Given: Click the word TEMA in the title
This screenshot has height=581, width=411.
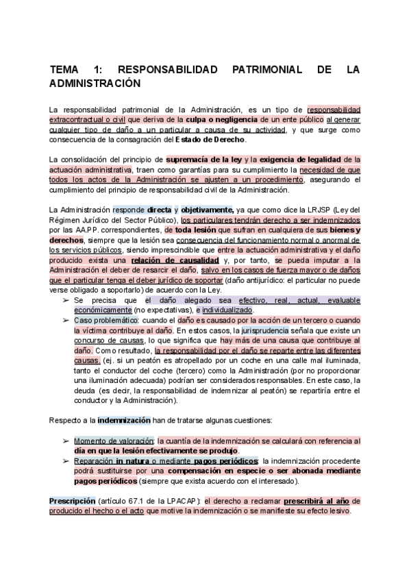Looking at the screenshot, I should point(66,70).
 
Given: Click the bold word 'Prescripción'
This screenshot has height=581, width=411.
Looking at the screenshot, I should point(72,502).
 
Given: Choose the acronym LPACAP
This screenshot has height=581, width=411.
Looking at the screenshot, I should point(179,502).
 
